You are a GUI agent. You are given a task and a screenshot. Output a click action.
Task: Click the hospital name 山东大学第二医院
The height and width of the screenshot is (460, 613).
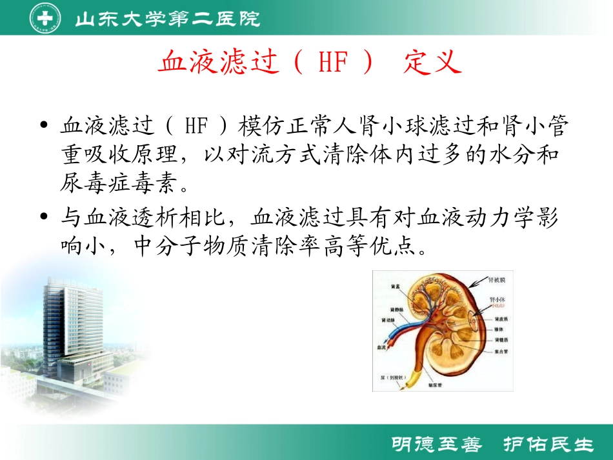coord(167,19)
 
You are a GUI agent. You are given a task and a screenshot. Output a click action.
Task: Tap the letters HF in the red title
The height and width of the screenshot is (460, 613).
coord(334,64)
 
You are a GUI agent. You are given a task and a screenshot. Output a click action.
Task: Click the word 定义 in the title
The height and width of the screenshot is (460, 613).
coord(433,64)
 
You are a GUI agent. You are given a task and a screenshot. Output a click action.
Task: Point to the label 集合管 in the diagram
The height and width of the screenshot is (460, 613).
coord(501,352)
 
